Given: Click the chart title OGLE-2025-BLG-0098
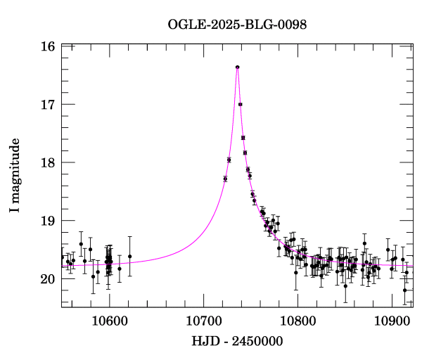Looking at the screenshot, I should pos(237,25).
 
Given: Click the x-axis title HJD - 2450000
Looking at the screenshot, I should pos(237,342).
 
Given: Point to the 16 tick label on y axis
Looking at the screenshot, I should pos(48,46).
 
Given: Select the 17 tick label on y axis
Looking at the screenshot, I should pos(48,105).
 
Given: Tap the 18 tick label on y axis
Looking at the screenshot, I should pos(48,162).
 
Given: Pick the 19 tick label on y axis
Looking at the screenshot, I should pos(48,221).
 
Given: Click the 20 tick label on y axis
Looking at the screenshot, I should pos(48,279).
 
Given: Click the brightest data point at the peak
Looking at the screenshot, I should pos(238,67).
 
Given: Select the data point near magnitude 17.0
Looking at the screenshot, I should pos(241,104).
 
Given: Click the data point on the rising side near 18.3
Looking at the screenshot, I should pos(225,179).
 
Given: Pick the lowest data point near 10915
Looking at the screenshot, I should pos(404,290).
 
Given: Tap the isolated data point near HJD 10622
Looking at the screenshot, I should pos(130,257).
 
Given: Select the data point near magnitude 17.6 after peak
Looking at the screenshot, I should pos(243,138).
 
